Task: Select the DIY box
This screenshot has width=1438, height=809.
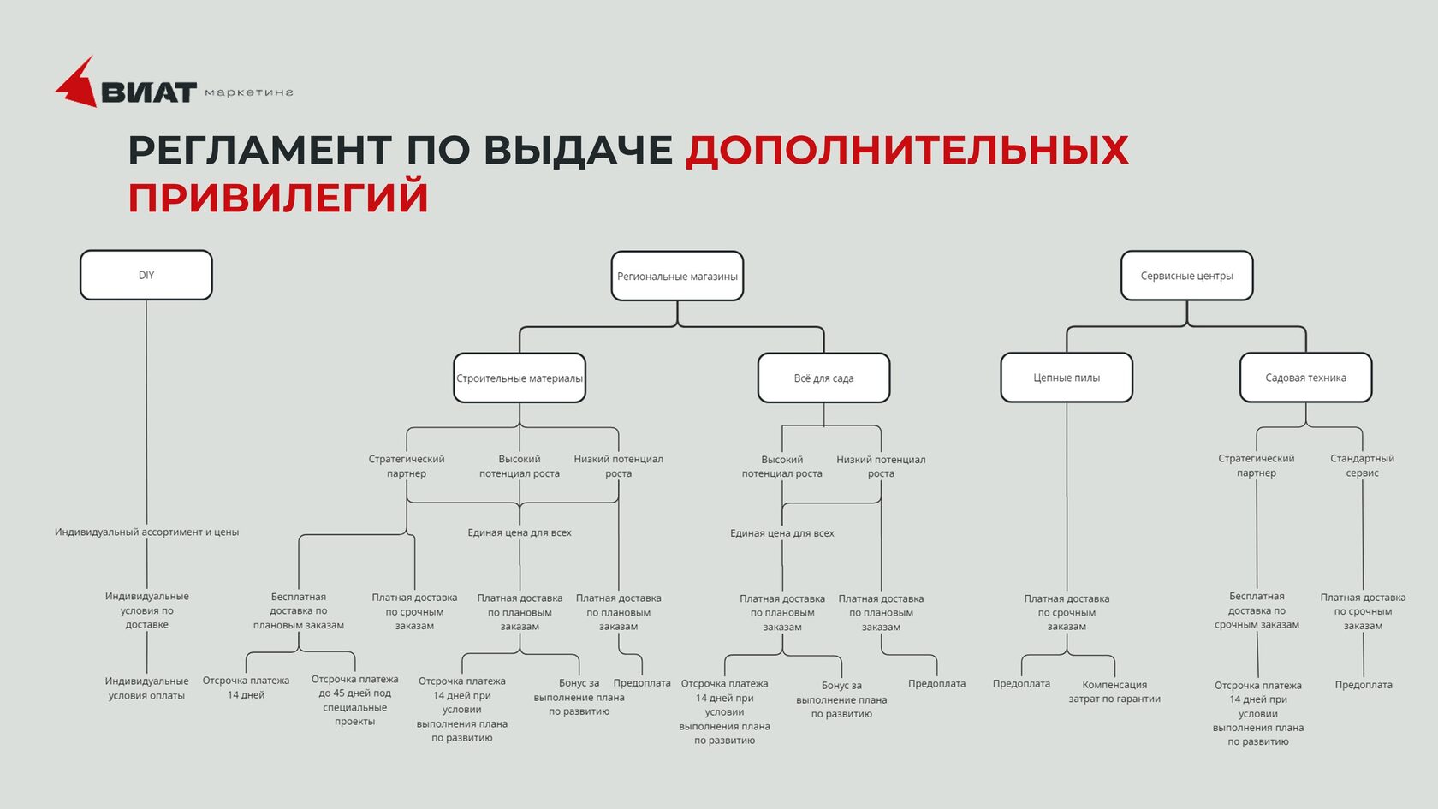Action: coord(146,275)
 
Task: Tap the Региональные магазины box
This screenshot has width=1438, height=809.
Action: coord(677,276)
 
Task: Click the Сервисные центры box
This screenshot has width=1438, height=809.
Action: coord(1187,276)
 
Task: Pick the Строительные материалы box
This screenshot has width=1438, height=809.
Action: coord(520,378)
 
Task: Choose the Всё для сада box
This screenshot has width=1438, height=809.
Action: coord(823,378)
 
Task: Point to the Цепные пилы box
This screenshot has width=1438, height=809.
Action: coord(1067,378)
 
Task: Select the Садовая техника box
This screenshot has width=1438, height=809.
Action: coord(1306,378)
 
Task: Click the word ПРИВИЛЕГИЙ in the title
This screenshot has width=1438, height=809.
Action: coord(279,197)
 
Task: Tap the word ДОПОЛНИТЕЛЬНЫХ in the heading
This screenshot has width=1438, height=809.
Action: coord(907,151)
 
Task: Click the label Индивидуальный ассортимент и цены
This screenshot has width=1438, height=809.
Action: coord(146,532)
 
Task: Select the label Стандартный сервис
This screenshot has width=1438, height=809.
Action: coord(1363,466)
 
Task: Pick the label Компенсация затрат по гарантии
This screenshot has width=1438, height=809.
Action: coord(1114,692)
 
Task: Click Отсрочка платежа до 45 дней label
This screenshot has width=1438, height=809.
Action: coord(355,700)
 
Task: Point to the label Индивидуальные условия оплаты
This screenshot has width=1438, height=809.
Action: coord(146,687)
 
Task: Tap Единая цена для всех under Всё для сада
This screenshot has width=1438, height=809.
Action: coord(782,532)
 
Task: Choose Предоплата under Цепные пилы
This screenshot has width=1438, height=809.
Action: coord(1021,683)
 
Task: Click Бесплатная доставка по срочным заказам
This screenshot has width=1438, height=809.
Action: coord(1257,610)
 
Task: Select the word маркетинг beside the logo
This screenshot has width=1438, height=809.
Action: coord(249,92)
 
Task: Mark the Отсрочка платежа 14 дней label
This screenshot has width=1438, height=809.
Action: coord(246,687)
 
